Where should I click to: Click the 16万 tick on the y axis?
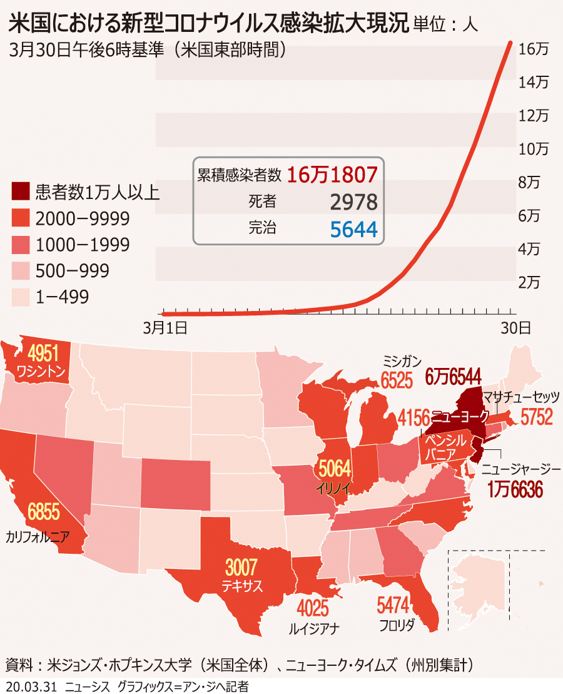(534, 49)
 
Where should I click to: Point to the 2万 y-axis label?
(529, 282)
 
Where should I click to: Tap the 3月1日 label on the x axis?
(165, 327)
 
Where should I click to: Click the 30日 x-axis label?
(516, 327)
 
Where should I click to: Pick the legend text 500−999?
(73, 270)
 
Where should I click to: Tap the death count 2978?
(353, 202)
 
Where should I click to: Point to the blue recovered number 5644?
(353, 230)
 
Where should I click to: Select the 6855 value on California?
(43, 513)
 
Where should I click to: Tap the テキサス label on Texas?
(241, 586)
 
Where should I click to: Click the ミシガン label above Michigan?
(402, 361)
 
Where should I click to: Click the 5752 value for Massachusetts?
(536, 416)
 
